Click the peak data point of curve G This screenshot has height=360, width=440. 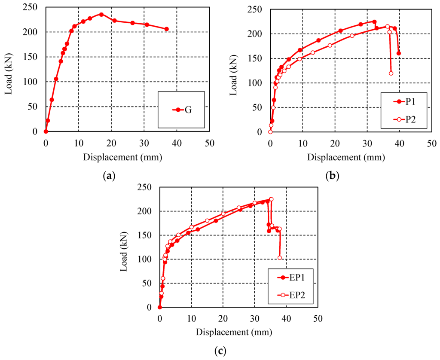click(101, 14)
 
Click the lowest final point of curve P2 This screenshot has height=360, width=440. click(391, 73)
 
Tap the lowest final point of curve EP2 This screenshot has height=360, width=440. click(280, 258)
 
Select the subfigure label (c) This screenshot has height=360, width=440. click(220, 351)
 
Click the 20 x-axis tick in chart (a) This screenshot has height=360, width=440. click(111, 143)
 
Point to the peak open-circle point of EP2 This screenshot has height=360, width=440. click(271, 199)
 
